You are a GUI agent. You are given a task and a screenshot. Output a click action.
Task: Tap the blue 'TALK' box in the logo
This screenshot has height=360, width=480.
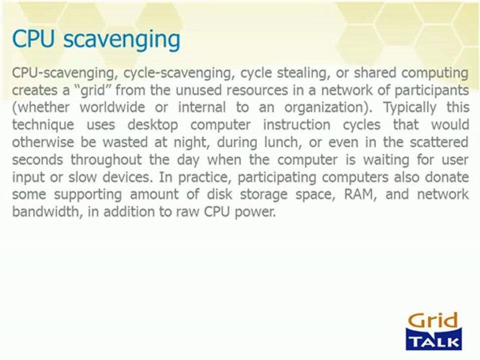pyautogui.click(x=434, y=341)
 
